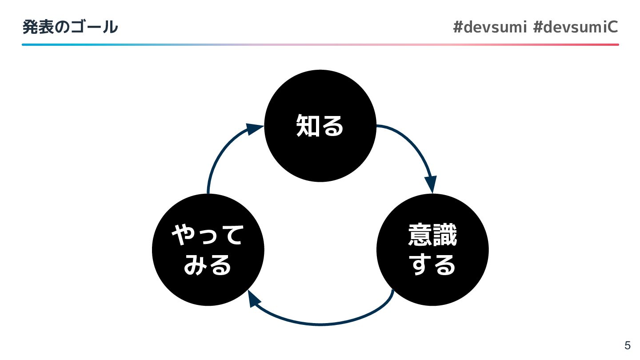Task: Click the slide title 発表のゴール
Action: (x=70, y=28)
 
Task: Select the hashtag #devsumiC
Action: (x=575, y=28)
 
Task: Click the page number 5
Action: (x=627, y=345)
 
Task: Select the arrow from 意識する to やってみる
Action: (x=320, y=324)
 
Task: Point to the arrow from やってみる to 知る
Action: (x=218, y=156)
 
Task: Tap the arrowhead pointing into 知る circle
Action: (x=255, y=129)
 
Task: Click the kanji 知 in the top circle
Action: (x=308, y=125)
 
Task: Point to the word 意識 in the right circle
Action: (x=432, y=235)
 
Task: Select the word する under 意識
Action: (x=432, y=265)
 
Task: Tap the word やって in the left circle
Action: (x=208, y=235)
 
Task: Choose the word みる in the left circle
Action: (x=208, y=265)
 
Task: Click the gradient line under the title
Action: (x=320, y=44)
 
